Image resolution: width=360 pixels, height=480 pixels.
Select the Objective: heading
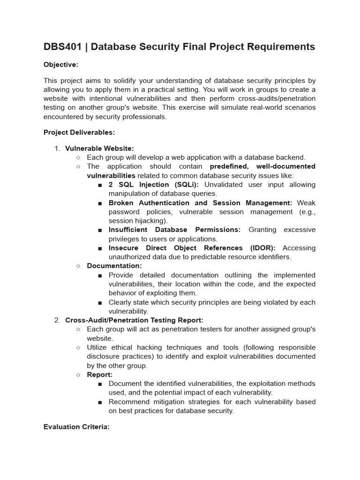pos(61,64)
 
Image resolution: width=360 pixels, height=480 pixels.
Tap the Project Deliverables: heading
pos(79,132)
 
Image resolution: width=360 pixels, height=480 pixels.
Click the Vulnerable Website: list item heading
pos(99,148)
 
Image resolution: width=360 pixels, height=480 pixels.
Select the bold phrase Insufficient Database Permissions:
pos(174,230)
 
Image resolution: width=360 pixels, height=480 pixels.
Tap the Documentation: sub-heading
pos(114,266)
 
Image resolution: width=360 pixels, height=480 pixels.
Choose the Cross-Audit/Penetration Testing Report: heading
pos(134,320)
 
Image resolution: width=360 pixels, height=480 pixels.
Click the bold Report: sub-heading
pos(99,375)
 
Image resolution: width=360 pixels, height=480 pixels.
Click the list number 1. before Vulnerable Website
pos(57,148)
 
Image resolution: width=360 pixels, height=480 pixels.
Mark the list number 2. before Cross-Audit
pos(57,320)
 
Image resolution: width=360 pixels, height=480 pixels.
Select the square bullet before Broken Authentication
pos(100,203)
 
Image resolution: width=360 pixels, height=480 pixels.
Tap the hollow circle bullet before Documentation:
pos(78,266)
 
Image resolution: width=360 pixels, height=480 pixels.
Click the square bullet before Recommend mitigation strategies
pos(100,402)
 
